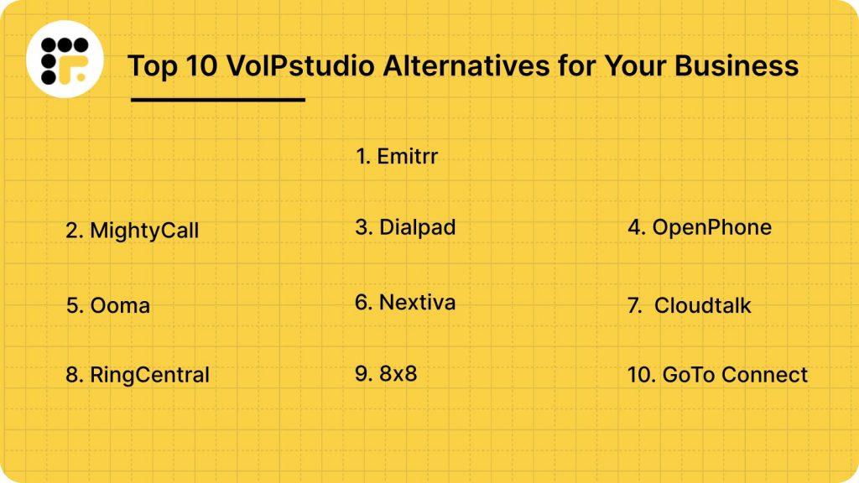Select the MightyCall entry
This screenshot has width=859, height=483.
[x=132, y=231]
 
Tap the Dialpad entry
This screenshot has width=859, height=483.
[x=405, y=227]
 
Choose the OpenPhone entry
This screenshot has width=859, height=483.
[x=700, y=227]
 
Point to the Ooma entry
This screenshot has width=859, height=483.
[x=107, y=305]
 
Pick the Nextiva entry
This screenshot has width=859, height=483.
[x=405, y=302]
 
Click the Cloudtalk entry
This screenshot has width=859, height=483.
[x=690, y=306]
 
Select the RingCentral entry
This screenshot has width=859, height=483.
[x=138, y=375]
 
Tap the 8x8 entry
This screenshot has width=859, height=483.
[x=386, y=373]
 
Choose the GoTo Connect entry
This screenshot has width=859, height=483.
[x=717, y=375]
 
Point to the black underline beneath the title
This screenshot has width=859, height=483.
[x=218, y=100]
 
